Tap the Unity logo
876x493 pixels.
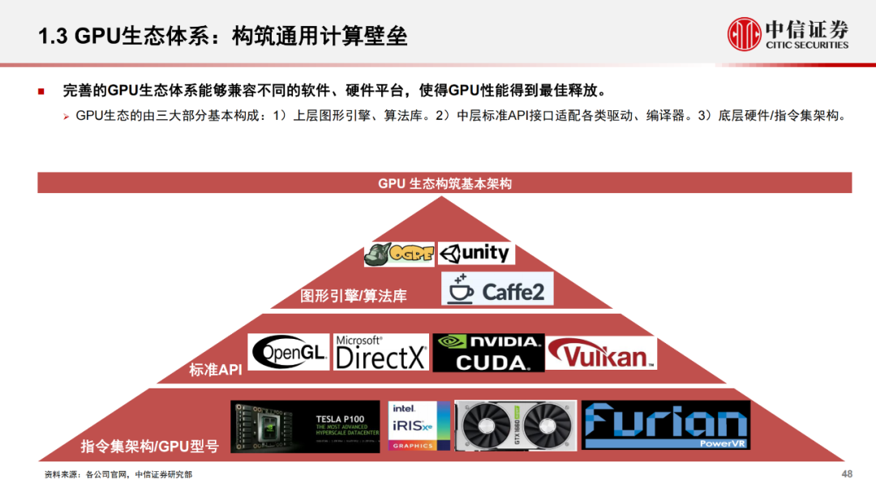[476, 253]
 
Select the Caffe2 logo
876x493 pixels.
[497, 289]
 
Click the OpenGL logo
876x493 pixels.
[289, 352]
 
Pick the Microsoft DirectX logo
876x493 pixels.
[380, 353]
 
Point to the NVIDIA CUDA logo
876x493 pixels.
[487, 353]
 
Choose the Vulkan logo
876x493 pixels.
[601, 353]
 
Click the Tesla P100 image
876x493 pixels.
[305, 426]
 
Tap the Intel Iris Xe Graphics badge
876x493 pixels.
[419, 426]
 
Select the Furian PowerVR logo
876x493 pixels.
[665, 425]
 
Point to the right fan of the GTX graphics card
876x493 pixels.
[546, 426]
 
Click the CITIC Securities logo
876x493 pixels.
[788, 34]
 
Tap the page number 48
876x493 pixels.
[847, 474]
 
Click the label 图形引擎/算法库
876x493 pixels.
[354, 296]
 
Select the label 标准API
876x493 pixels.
[216, 370]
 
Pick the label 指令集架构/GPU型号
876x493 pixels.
[149, 446]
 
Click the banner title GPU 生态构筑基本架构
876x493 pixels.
[444, 183]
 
